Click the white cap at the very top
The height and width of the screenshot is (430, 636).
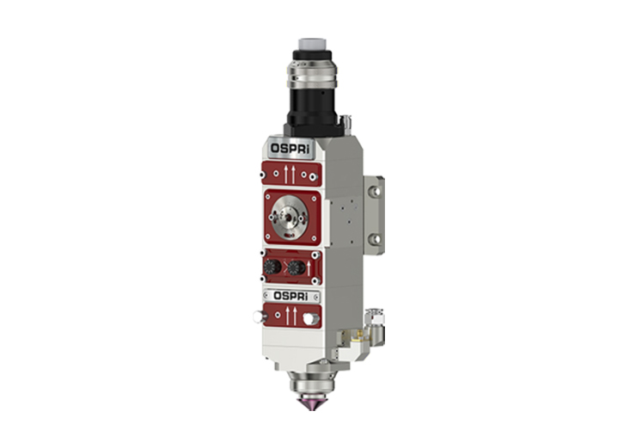coord(312,44)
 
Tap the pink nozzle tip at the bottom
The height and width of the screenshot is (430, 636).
coord(312,404)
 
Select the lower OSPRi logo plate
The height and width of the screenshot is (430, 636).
coord(290,296)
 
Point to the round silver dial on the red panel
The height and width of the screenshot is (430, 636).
coord(289,218)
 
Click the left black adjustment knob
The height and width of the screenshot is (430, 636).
coord(272,267)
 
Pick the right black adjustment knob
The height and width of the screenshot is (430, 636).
coord(297,267)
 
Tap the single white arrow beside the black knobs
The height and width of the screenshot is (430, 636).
coord(309,268)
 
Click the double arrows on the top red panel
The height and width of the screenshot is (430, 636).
coord(290,174)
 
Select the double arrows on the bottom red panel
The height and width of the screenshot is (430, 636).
coord(291,316)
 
